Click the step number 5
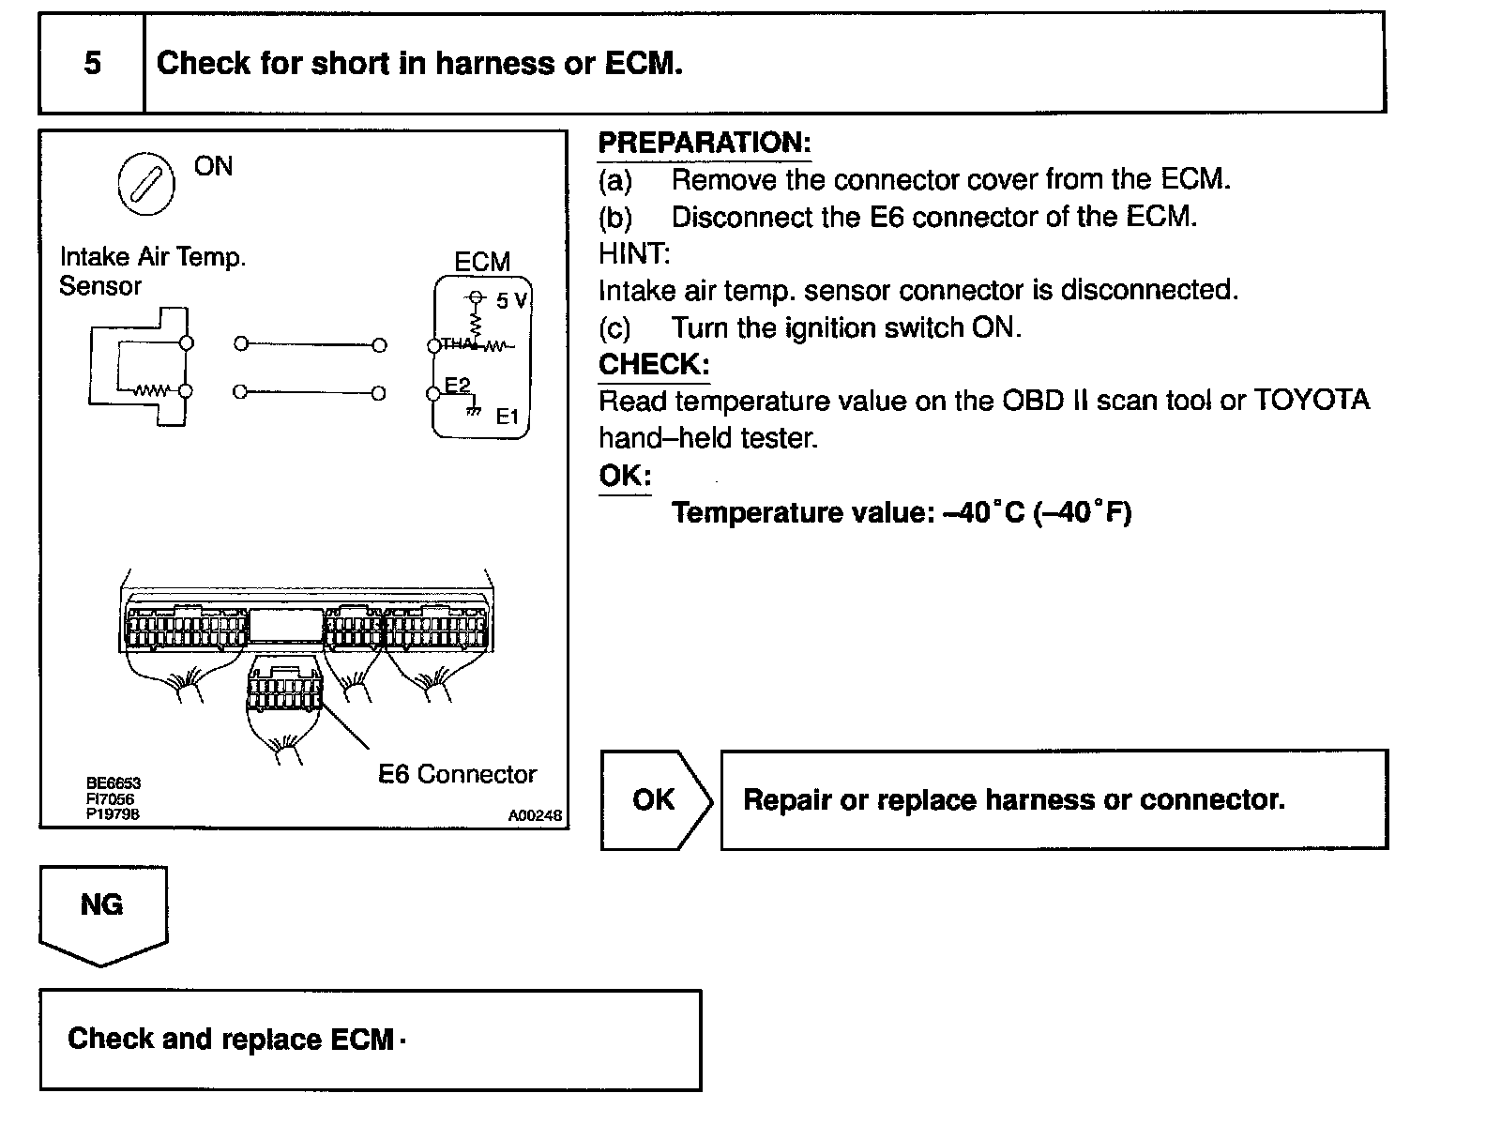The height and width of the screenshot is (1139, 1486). [92, 63]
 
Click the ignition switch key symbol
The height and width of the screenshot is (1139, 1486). [145, 183]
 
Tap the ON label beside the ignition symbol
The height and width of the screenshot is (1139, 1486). [213, 167]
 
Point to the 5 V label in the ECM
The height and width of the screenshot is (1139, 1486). [512, 301]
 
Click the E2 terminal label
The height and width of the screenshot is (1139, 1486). [457, 385]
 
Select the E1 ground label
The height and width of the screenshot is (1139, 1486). [507, 416]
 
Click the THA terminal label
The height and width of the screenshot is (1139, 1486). [457, 344]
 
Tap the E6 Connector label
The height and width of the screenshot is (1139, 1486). [457, 774]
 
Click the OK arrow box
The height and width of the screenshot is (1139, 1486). [655, 799]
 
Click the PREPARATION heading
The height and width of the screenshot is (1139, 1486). [704, 144]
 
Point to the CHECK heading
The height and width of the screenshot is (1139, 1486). [654, 364]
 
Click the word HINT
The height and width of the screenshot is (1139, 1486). [634, 253]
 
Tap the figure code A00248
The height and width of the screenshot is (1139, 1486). [535, 816]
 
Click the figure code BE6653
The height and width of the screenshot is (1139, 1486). [113, 783]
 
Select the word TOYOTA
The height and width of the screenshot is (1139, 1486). [1312, 401]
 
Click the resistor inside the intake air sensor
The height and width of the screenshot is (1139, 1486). [150, 390]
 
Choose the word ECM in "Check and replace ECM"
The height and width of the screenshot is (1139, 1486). [362, 1040]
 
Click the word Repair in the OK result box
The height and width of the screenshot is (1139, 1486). [787, 800]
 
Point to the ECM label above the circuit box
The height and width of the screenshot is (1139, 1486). [482, 263]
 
